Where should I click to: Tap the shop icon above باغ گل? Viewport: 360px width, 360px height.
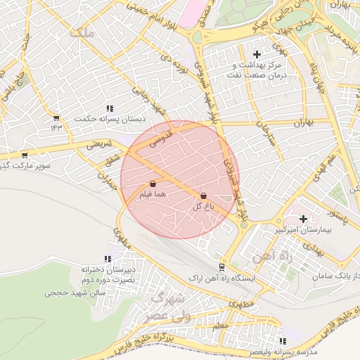(204, 195)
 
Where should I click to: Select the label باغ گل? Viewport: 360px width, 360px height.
(202, 207)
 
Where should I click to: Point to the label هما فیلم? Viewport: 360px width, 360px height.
(153, 196)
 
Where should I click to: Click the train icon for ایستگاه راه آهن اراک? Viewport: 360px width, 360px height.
(221, 267)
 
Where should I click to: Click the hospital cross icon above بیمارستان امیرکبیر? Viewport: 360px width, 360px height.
(303, 219)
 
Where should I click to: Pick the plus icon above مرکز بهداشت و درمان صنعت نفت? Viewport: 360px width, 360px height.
(256, 54)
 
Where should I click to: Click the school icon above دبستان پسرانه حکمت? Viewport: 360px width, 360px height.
(110, 108)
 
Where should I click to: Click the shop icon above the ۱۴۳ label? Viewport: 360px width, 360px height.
(56, 117)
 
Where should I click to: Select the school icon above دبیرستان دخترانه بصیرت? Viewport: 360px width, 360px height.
(108, 259)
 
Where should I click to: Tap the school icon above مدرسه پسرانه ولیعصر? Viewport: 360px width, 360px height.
(283, 339)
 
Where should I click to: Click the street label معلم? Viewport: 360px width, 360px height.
(219, 326)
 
